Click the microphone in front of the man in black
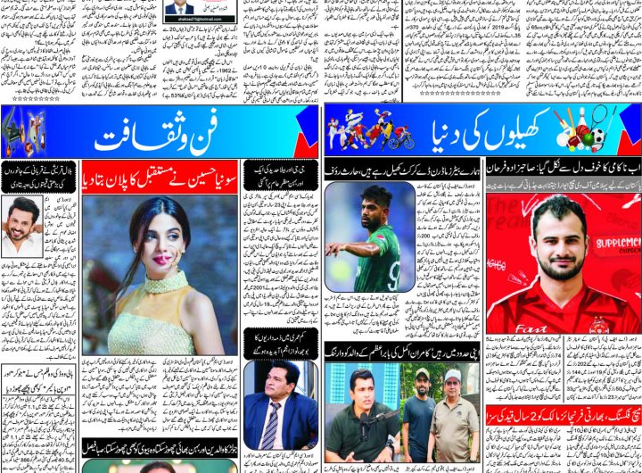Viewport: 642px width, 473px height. pos(368,419)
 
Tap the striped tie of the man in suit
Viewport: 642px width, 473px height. pos(270,427)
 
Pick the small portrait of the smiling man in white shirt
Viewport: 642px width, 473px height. pos(21,226)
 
